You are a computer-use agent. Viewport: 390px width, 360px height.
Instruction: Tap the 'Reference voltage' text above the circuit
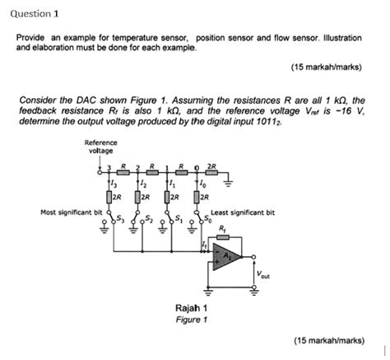click(x=100, y=147)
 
